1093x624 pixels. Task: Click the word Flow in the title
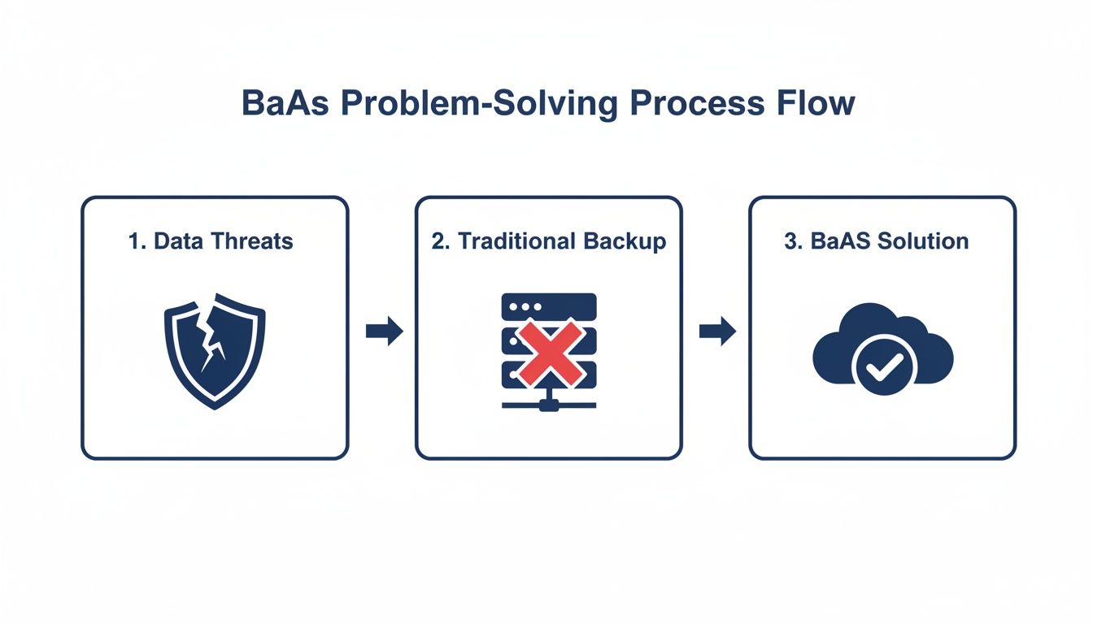tap(813, 105)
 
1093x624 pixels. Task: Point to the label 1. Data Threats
tap(211, 241)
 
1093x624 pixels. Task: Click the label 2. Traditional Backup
tap(548, 241)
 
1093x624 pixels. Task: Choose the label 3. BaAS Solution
tap(876, 241)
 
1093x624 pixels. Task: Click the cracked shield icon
tap(215, 350)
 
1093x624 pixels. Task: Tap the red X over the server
tap(550, 352)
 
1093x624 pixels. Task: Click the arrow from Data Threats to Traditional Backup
tap(384, 331)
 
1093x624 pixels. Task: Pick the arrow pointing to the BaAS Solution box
tap(717, 331)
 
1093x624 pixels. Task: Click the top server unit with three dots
tap(549, 308)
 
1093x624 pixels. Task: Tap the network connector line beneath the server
tap(549, 403)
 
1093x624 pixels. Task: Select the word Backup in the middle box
tap(625, 241)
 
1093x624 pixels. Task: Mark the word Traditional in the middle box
tap(518, 241)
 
